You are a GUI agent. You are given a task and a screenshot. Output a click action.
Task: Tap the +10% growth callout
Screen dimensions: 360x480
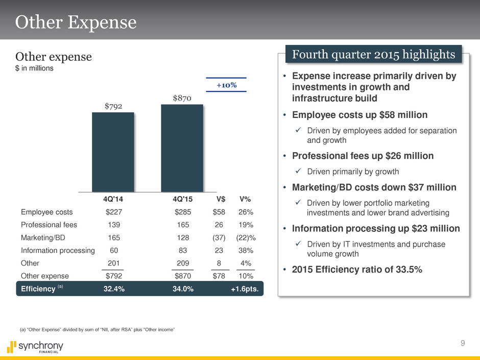(x=226, y=85)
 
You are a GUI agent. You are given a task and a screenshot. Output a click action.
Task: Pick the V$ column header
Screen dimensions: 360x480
(x=222, y=199)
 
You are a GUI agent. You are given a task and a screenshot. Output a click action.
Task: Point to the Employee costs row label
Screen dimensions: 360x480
(x=47, y=212)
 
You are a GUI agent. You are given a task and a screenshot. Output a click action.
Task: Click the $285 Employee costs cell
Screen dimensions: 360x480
(x=183, y=212)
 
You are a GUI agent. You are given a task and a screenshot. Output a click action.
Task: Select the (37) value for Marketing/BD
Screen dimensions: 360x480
(x=221, y=237)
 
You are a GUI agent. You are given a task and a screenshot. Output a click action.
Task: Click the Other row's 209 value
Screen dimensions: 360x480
(x=183, y=263)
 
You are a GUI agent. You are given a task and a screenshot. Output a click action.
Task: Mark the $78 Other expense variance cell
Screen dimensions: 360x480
(x=221, y=276)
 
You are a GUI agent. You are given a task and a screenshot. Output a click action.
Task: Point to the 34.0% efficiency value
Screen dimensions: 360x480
(x=183, y=289)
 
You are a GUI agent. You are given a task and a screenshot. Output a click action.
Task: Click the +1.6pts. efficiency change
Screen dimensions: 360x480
(x=245, y=289)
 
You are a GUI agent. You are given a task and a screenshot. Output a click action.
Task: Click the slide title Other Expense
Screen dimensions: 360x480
(x=76, y=22)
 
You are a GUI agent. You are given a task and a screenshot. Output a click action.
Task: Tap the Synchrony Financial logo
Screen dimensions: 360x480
(x=35, y=347)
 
